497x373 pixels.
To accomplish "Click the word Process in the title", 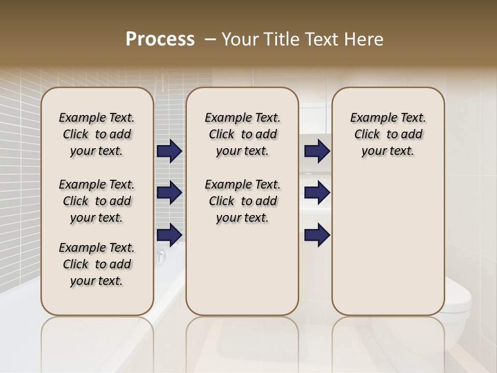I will click(x=160, y=39).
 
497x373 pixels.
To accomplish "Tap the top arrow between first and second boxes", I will click(x=169, y=151).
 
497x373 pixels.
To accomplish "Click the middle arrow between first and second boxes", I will click(x=169, y=193).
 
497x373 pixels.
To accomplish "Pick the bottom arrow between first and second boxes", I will click(x=169, y=235).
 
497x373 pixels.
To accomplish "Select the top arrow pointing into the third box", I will click(x=317, y=151).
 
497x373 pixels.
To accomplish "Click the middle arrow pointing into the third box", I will click(x=317, y=193).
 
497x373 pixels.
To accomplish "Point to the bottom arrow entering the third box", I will click(x=317, y=235).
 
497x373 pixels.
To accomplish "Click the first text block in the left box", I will click(x=97, y=134).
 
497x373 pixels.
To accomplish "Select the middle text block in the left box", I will click(x=97, y=201).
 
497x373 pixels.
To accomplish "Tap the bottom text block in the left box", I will click(x=97, y=264).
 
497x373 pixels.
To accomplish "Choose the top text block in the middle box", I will click(x=242, y=134).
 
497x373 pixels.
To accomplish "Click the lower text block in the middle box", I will click(x=242, y=201).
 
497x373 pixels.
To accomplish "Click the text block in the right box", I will click(x=388, y=134).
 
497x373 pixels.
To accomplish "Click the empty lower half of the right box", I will click(x=388, y=249).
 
